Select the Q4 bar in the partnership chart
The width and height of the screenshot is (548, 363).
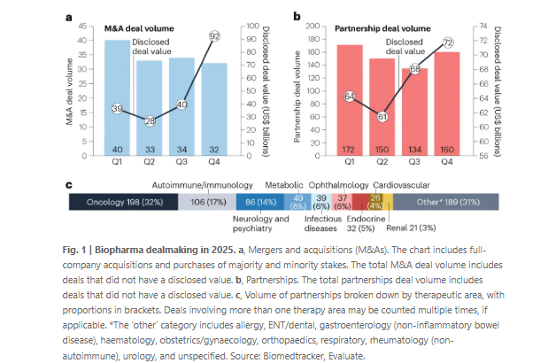(448, 103)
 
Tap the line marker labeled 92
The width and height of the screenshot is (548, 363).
(214, 35)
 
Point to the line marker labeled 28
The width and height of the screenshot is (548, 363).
(150, 120)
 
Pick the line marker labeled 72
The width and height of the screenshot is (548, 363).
(448, 42)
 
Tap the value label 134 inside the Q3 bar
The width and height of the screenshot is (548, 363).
(414, 148)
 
